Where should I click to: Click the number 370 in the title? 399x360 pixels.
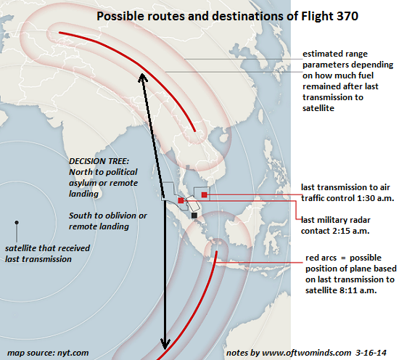click(347, 16)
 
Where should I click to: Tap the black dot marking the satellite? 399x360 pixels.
click(17, 223)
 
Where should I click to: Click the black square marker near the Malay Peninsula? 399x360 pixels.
click(194, 216)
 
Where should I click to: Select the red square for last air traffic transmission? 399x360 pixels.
click(204, 195)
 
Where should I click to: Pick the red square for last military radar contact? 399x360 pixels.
click(181, 200)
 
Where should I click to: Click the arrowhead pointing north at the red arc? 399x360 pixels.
click(142, 77)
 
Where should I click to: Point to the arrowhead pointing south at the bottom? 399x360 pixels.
click(165, 344)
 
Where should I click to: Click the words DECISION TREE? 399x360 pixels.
click(99, 161)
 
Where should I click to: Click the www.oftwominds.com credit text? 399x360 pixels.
click(307, 353)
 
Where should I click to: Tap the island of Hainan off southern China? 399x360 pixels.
click(223, 138)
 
